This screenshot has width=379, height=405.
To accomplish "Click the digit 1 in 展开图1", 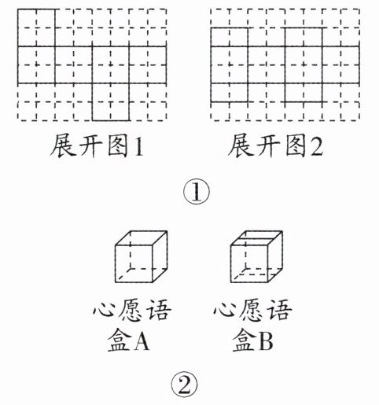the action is pyautogui.click(x=139, y=145).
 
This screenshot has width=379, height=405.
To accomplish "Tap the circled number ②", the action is pyautogui.click(x=184, y=385).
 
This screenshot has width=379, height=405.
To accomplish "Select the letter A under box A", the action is pyautogui.click(x=142, y=341).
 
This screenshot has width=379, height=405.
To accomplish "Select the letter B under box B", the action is pyautogui.click(x=265, y=341).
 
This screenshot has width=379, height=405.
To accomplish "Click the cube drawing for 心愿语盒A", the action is pyautogui.click(x=141, y=256).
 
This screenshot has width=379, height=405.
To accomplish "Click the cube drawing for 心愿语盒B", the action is pyautogui.click(x=256, y=256).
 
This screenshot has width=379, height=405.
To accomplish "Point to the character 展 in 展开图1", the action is pyautogui.click(x=62, y=145).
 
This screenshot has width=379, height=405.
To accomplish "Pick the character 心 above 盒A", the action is pyautogui.click(x=105, y=310).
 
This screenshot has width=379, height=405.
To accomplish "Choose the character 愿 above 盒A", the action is pyautogui.click(x=132, y=310).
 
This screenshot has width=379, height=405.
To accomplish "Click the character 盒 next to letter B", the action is pyautogui.click(x=245, y=341).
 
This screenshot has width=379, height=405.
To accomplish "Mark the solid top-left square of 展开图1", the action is pyautogui.click(x=36, y=28).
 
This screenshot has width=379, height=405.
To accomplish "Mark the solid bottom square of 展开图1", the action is pyautogui.click(x=111, y=102).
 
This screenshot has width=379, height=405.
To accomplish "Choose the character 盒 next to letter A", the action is pyautogui.click(x=120, y=341).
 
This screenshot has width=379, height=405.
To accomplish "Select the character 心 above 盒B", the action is pyautogui.click(x=226, y=310).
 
